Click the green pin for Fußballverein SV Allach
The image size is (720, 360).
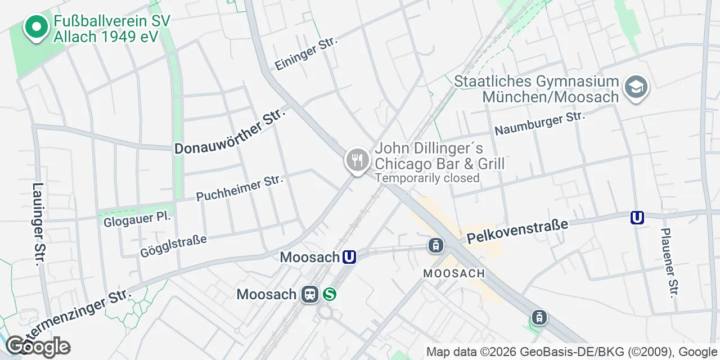pyautogui.click(x=37, y=28)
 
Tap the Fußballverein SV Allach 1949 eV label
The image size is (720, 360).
pyautogui.click(x=111, y=29)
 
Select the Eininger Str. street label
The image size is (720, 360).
pyautogui.click(x=306, y=54)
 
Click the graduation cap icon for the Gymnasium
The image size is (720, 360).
pyautogui.click(x=636, y=87)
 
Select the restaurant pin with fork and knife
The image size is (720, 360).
pyautogui.click(x=357, y=160)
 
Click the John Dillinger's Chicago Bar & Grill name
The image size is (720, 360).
pyautogui.click(x=439, y=156)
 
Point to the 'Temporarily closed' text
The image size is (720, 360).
pyautogui.click(x=427, y=178)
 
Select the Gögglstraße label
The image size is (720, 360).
pyautogui.click(x=173, y=246)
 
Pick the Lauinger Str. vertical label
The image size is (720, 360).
pyautogui.click(x=38, y=224)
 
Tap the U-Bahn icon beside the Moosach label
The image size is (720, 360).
pyautogui.click(x=349, y=257)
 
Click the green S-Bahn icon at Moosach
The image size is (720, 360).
pyautogui.click(x=330, y=294)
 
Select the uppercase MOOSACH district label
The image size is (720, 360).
pyautogui.click(x=454, y=273)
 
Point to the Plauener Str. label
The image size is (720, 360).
pyautogui.click(x=669, y=262)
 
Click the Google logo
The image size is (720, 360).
pyautogui.click(x=38, y=346)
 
